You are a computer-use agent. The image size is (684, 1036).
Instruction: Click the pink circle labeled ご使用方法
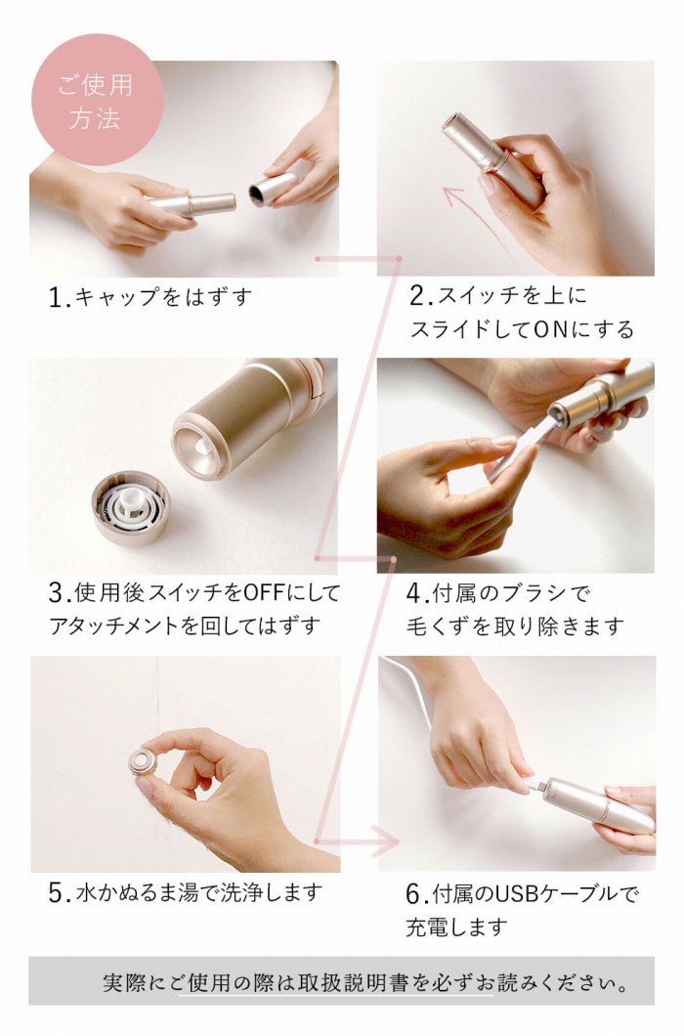click(x=97, y=99)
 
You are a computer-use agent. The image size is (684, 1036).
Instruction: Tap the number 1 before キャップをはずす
click(x=57, y=297)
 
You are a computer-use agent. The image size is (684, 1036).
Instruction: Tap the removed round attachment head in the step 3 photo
click(x=131, y=507)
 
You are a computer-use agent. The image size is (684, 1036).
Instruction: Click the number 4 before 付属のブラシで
click(x=414, y=592)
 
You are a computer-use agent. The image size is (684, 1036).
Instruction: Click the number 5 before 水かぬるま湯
click(x=57, y=892)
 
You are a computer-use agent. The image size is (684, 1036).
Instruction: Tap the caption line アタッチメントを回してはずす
click(x=185, y=626)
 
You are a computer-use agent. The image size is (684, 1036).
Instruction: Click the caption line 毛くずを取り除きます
click(x=515, y=626)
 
